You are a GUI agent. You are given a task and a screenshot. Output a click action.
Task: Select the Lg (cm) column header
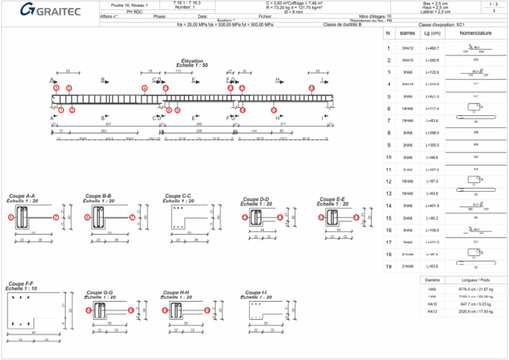[x=431, y=32]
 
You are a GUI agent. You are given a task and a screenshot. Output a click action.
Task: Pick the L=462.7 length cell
[x=432, y=48]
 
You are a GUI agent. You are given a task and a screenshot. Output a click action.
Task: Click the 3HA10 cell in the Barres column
[x=408, y=60]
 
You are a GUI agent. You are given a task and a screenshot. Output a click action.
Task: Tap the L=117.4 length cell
[x=432, y=109]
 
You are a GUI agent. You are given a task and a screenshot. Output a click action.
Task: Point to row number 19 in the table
[x=388, y=267]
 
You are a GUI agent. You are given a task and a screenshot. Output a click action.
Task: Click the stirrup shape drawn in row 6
[x=475, y=107]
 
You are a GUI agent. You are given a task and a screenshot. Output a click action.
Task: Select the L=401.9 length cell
[x=432, y=206]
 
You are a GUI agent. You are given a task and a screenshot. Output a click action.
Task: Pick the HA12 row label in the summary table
[x=432, y=311]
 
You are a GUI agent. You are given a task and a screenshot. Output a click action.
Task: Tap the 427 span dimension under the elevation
[x=108, y=124]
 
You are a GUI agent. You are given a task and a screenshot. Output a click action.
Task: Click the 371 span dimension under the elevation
[x=282, y=124]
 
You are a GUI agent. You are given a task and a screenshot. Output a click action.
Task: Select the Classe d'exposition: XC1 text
[x=441, y=25]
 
